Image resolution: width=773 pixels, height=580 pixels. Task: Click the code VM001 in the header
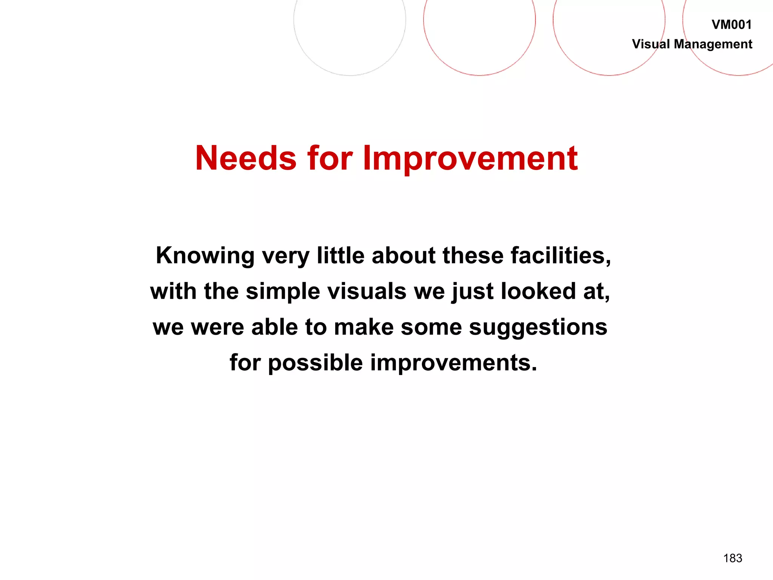[731, 25]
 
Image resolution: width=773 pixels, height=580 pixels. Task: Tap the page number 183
[733, 558]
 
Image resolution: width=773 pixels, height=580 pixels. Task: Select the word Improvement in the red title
[470, 159]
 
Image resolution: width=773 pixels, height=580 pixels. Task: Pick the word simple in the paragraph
[283, 292]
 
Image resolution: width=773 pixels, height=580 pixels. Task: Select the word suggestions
[538, 327]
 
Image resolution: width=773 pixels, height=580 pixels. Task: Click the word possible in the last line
[316, 363]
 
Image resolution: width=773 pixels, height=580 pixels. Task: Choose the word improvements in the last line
[453, 363]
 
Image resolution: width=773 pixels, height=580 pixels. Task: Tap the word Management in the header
[713, 45]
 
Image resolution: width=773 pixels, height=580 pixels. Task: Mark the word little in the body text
[340, 256]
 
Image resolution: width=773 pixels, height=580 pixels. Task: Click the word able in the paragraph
[275, 327]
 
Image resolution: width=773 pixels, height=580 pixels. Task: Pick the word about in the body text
[403, 256]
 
